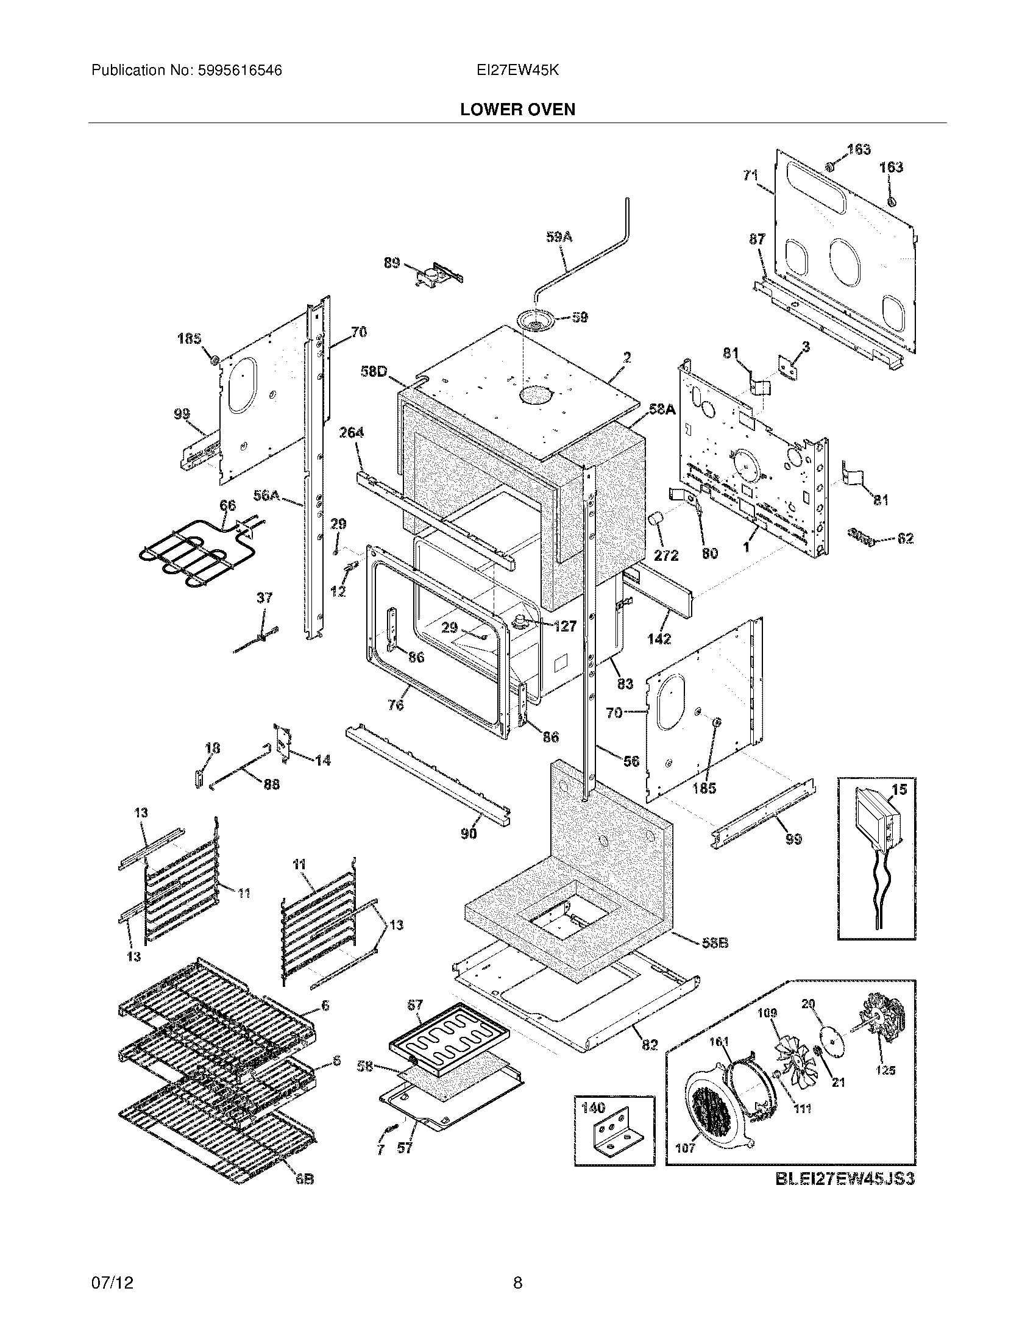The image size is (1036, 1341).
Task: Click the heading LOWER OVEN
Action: click(517, 110)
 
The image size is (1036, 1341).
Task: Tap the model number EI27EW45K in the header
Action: click(517, 71)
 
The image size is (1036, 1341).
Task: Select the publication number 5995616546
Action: click(240, 71)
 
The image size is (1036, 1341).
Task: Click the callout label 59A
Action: click(558, 237)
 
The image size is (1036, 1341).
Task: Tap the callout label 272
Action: click(665, 555)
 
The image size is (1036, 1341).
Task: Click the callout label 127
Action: click(564, 626)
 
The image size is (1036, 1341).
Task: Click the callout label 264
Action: click(351, 433)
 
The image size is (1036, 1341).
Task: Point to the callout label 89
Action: click(392, 263)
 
